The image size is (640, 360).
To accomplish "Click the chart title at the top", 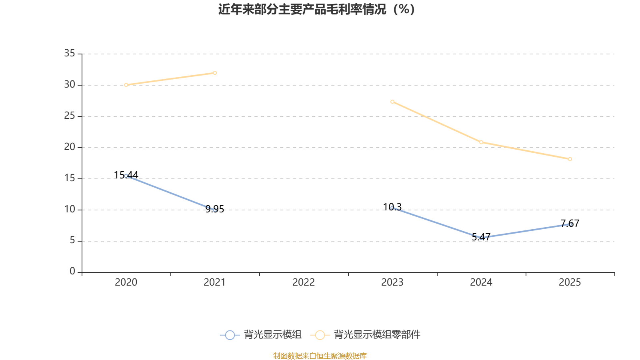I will [x=316, y=9].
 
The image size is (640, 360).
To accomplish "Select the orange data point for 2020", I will [x=126, y=85].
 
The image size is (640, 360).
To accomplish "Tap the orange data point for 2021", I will [x=215, y=73].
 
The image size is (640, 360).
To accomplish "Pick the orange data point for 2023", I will [x=392, y=102].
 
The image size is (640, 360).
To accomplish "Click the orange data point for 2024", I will [x=481, y=142].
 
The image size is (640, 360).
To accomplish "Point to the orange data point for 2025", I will [x=570, y=159].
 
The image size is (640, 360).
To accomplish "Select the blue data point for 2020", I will [x=126, y=176].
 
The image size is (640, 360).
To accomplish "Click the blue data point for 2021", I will [x=215, y=210].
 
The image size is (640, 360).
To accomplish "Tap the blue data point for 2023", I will [x=392, y=208].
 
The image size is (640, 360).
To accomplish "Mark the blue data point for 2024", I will [x=481, y=238].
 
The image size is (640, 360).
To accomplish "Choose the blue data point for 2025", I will [x=570, y=224].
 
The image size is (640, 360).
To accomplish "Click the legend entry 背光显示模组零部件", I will [x=377, y=334].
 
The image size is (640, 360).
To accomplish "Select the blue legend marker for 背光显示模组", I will [x=230, y=335].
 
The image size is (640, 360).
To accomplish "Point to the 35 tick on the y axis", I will [x=70, y=53].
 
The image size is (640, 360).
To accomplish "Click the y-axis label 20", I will [x=70, y=147].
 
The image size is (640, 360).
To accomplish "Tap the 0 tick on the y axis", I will [x=72, y=272].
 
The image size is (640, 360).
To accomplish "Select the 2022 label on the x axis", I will [x=304, y=282].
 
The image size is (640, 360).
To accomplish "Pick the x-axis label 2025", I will [x=570, y=282].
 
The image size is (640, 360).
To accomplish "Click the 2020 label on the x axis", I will [x=126, y=282].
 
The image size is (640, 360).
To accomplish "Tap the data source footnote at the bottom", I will [x=320, y=356].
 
